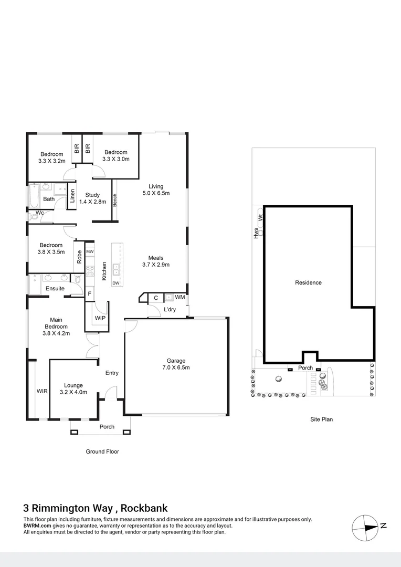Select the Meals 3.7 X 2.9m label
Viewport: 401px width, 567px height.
pos(156,261)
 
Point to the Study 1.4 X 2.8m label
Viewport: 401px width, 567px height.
pos(92,198)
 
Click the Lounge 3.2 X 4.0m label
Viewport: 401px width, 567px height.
pos(73,388)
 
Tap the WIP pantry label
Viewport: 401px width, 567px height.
pos(100,318)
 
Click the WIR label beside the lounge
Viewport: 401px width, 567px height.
pos(42,391)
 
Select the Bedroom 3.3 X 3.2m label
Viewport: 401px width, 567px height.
pos(51,157)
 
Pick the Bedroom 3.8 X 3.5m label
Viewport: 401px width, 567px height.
pos(51,248)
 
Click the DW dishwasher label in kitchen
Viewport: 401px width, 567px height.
pos(116,284)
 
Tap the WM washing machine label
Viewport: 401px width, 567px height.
pos(180,298)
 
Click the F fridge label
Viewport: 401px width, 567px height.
pos(90,293)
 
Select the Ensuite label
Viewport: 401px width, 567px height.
pos(55,289)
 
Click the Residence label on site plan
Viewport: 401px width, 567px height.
pos(308,282)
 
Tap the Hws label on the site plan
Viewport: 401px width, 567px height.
pos(256,233)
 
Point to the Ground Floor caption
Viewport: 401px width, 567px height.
pos(102,451)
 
